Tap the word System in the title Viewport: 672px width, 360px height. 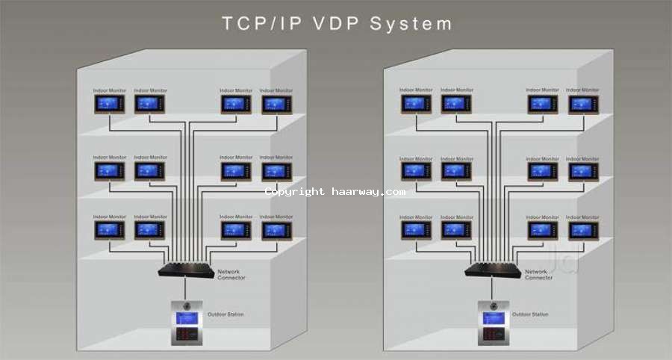click(x=411, y=24)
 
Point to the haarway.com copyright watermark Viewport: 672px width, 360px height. click(x=335, y=192)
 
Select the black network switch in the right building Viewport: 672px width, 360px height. click(x=493, y=268)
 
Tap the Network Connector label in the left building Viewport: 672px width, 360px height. click(x=231, y=274)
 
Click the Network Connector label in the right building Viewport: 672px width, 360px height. click(x=538, y=274)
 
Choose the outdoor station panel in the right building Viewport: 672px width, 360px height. click(x=493, y=323)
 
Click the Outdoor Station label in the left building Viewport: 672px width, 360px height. click(x=225, y=314)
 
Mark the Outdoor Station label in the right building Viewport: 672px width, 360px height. click(x=533, y=314)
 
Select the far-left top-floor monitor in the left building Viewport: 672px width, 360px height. click(x=109, y=104)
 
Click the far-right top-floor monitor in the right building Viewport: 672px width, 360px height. click(x=582, y=104)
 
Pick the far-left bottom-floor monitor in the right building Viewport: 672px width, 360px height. click(x=416, y=230)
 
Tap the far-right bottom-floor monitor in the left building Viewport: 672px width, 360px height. click(x=276, y=230)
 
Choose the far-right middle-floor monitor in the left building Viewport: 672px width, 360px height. click(x=276, y=171)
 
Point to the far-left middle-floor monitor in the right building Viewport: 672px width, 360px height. click(x=416, y=171)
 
